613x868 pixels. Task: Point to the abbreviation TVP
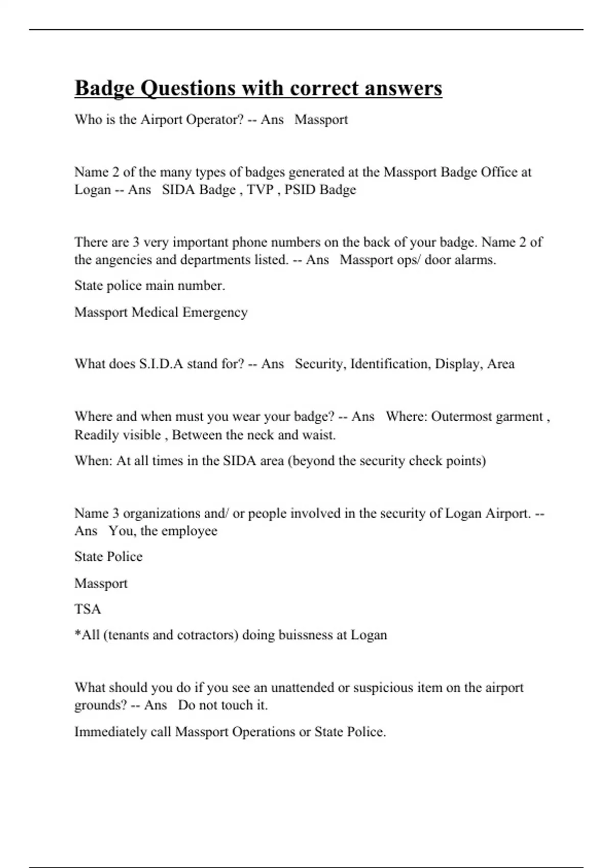(261, 189)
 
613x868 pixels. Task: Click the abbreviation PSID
(300, 189)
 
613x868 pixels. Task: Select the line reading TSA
(88, 609)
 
